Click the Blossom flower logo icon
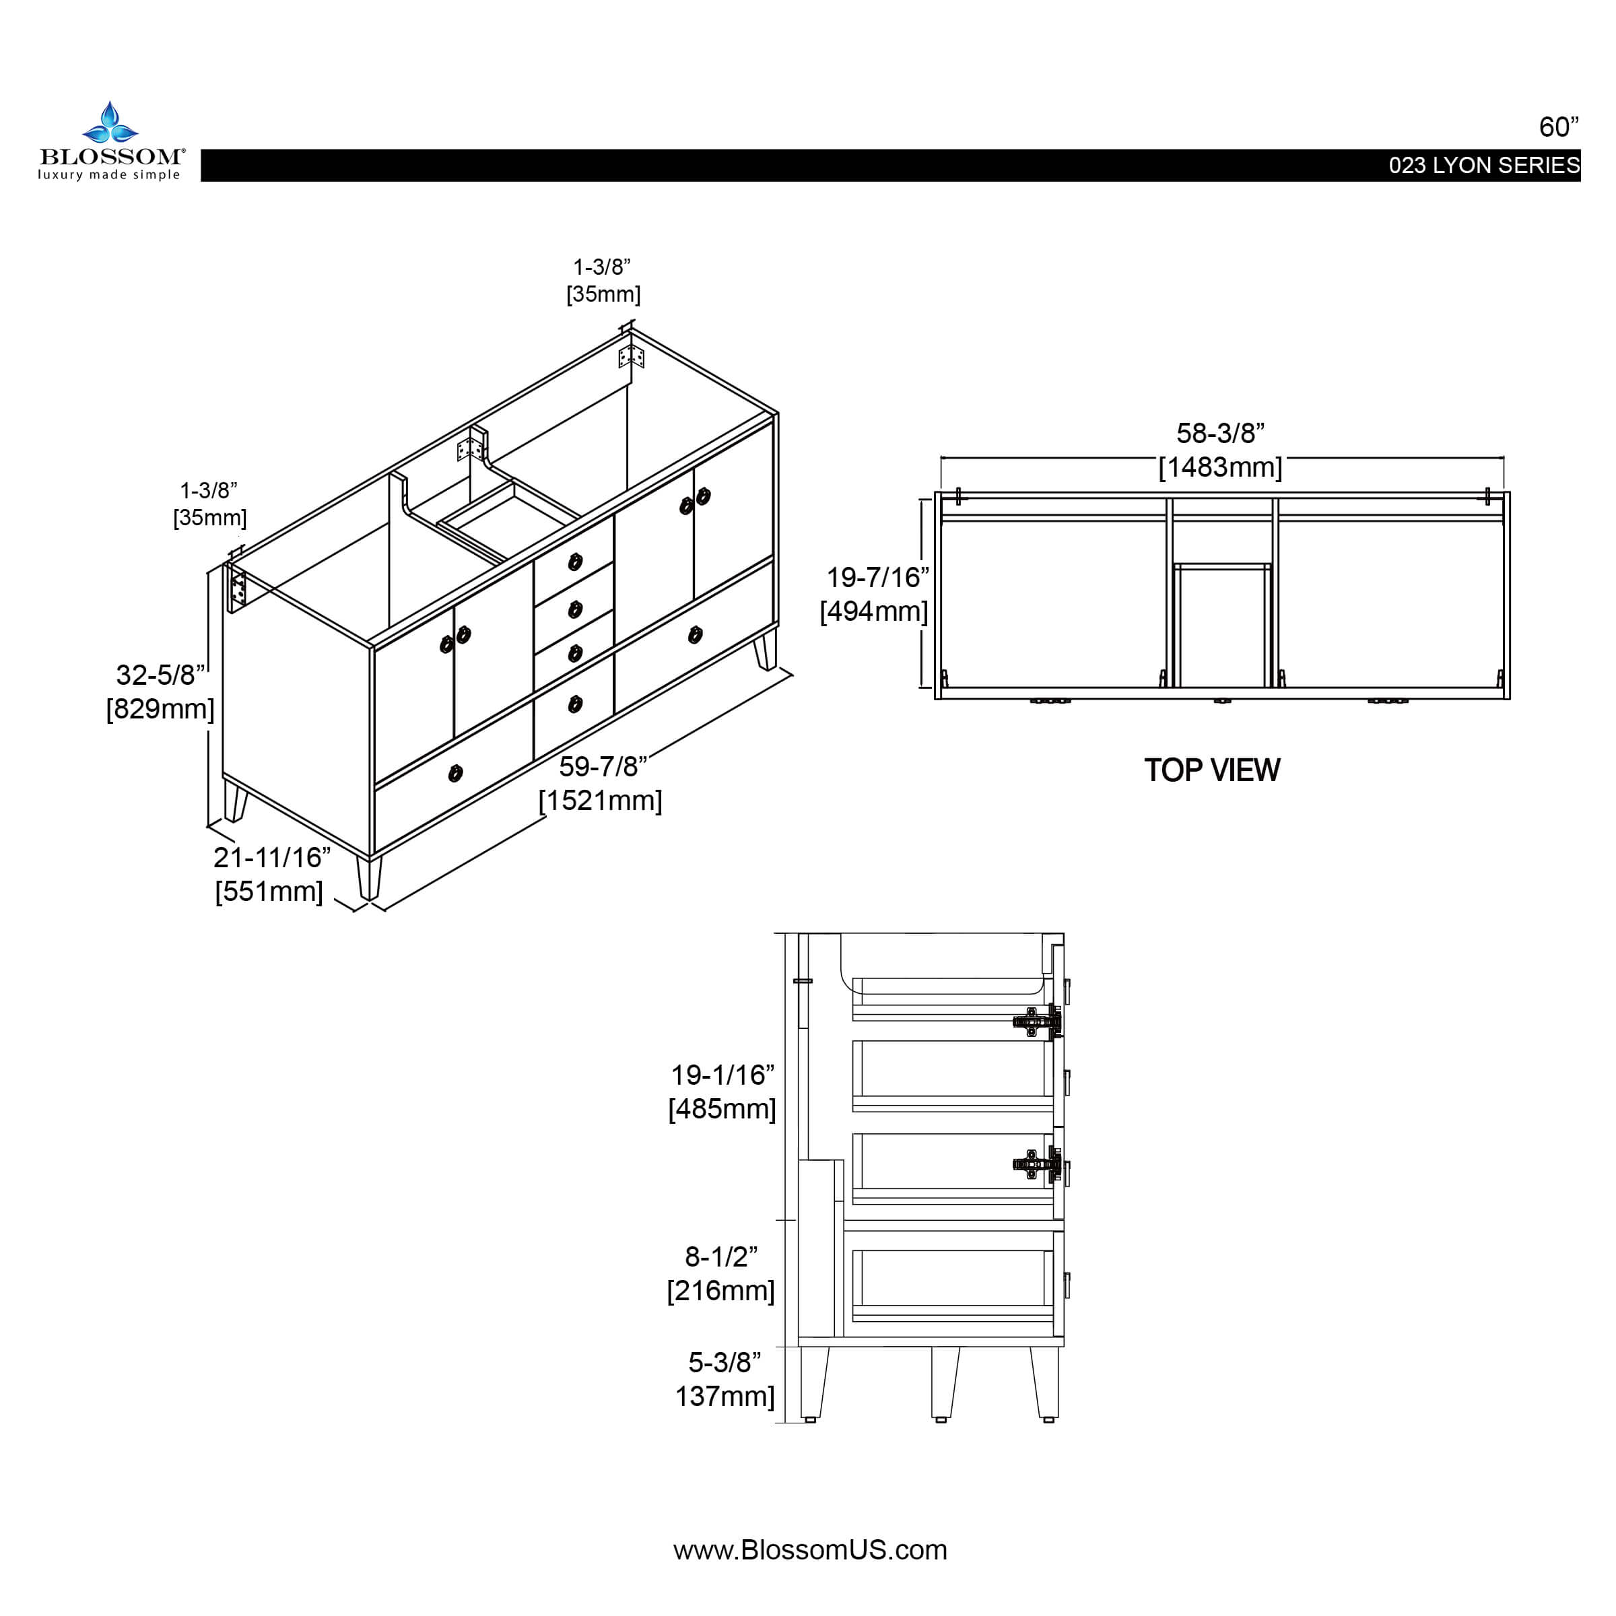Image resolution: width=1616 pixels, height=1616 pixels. point(110,123)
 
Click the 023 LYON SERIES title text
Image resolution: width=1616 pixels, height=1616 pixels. point(1484,166)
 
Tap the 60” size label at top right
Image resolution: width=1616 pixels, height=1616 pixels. point(1558,127)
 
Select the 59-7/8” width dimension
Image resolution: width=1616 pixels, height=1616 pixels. point(602,766)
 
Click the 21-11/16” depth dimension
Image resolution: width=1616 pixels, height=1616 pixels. point(272,857)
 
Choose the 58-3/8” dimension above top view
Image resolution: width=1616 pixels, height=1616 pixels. point(1219,433)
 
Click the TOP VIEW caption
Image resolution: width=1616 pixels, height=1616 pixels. point(1211,770)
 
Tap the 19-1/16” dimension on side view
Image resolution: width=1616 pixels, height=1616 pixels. point(722,1075)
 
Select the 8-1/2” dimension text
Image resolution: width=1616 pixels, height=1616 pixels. point(721,1256)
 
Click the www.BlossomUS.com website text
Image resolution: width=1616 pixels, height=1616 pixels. point(809,1550)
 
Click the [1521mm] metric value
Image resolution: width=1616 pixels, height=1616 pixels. point(600,801)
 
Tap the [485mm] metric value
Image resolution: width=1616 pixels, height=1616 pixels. point(722,1109)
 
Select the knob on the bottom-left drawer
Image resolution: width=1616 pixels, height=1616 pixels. point(455,773)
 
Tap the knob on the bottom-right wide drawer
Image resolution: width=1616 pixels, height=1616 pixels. point(695,636)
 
